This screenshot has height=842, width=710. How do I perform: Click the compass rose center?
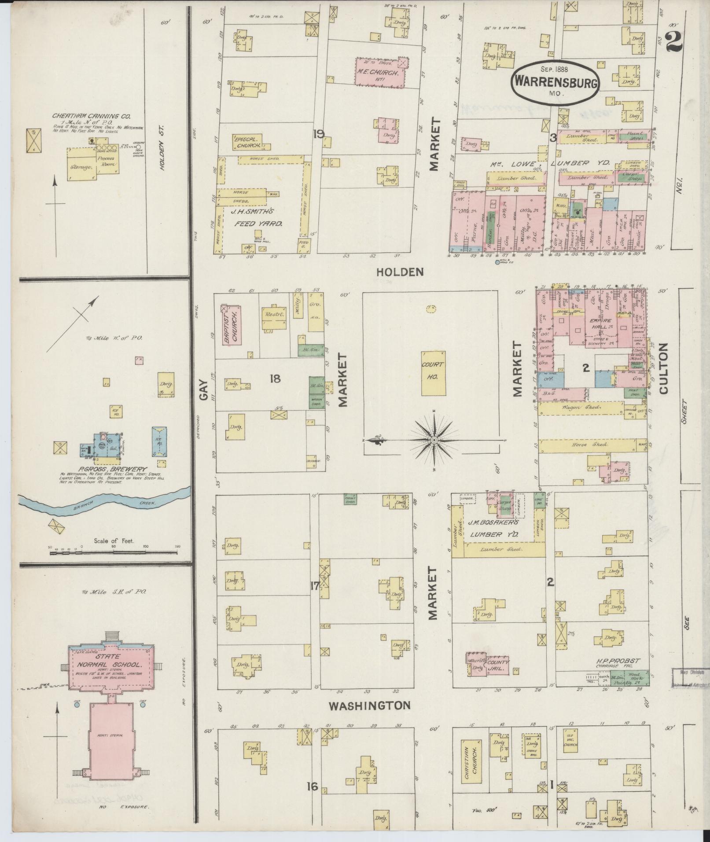[434, 440]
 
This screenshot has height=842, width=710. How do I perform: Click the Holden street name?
[400, 272]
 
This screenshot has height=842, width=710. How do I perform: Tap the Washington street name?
[370, 706]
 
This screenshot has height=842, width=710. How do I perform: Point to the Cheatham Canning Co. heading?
[91, 116]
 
